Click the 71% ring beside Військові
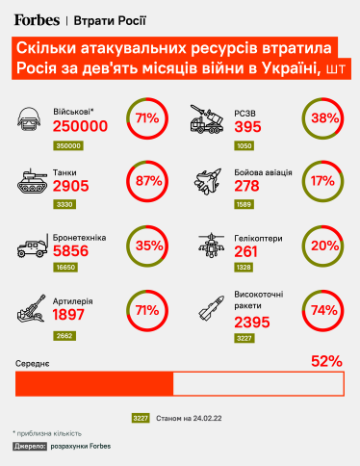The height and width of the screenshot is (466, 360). [147, 118]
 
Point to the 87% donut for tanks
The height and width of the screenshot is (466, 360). [147, 180]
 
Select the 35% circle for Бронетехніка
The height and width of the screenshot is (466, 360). [147, 245]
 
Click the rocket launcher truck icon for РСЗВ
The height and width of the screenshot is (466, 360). [210, 120]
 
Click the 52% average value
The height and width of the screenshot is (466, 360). [326, 362]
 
